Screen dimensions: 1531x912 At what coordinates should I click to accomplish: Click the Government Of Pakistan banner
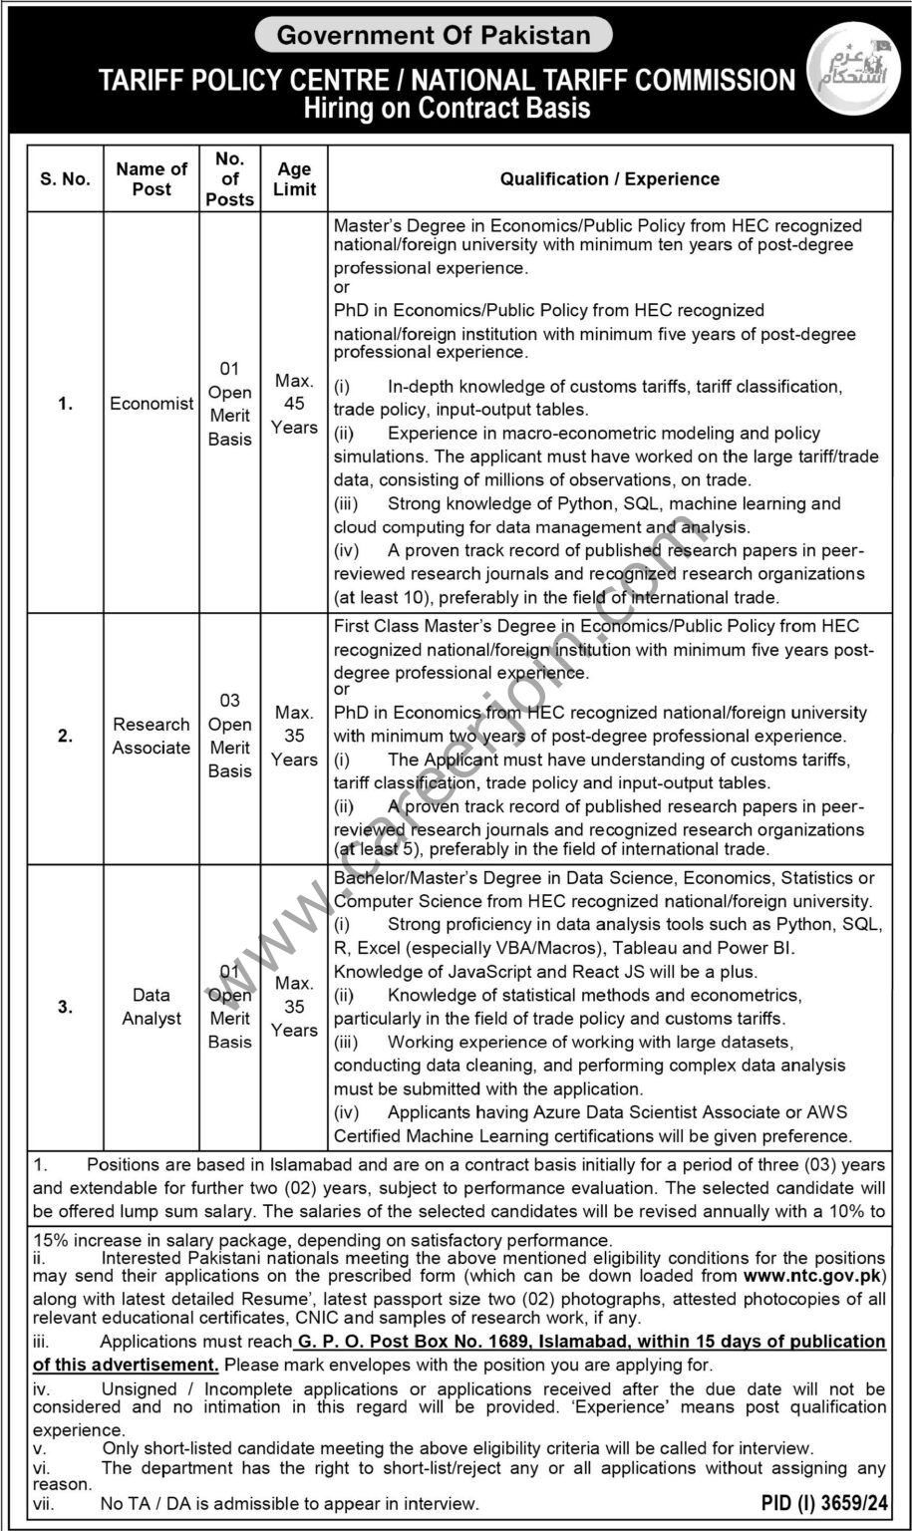(434, 36)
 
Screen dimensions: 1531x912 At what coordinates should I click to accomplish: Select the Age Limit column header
(294, 179)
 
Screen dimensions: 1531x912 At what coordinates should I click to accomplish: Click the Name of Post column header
(152, 179)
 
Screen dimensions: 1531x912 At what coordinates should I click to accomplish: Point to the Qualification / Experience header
(609, 179)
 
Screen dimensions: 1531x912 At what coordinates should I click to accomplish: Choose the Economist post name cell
(152, 405)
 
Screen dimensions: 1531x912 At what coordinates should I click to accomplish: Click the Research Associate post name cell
(152, 737)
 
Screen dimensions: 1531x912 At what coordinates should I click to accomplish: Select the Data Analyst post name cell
(152, 1007)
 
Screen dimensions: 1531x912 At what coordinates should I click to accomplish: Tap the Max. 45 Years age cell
(294, 405)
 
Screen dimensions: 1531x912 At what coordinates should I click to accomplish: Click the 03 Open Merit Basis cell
(230, 737)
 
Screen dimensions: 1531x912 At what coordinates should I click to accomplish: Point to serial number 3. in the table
(65, 1007)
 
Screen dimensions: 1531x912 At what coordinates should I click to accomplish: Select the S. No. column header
(65, 179)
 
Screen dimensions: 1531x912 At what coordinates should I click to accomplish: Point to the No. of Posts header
(230, 179)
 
